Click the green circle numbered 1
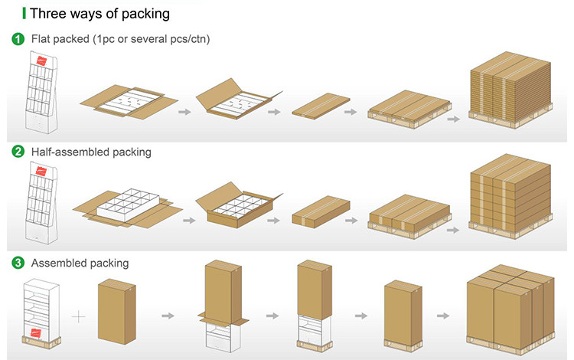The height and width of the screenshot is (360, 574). pyautogui.click(x=17, y=39)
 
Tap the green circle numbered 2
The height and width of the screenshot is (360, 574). pyautogui.click(x=17, y=152)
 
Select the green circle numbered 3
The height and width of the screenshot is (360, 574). pyautogui.click(x=17, y=263)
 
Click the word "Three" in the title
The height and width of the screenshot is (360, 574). pyautogui.click(x=50, y=14)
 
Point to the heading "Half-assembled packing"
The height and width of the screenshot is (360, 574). pyautogui.click(x=91, y=152)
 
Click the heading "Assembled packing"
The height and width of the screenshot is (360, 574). pyautogui.click(x=80, y=263)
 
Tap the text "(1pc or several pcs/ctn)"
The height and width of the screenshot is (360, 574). pyautogui.click(x=152, y=39)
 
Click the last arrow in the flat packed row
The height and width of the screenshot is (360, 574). pyautogui.click(x=453, y=119)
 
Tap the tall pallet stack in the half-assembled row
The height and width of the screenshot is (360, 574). pyautogui.click(x=508, y=195)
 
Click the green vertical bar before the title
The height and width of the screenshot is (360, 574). pyautogui.click(x=24, y=14)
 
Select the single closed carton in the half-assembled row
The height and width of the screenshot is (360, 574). pyautogui.click(x=321, y=211)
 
